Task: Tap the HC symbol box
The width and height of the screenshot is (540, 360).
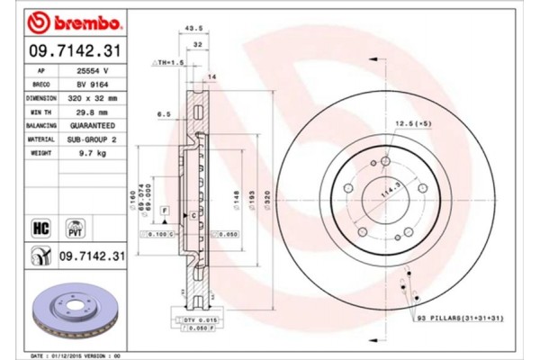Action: (x=41, y=227)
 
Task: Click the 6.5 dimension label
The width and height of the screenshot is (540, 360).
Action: (x=164, y=115)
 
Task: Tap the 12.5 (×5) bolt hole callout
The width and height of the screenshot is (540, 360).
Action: (x=413, y=123)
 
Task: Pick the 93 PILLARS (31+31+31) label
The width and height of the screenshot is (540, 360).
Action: (x=463, y=319)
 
